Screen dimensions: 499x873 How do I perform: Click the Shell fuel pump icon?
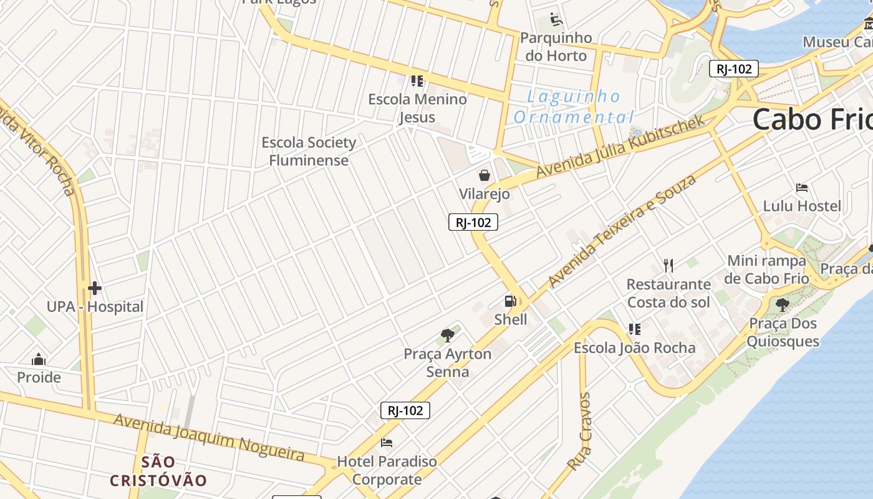(510, 301)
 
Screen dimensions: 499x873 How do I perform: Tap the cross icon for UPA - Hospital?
(95, 288)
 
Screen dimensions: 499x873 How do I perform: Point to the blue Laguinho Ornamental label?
(574, 107)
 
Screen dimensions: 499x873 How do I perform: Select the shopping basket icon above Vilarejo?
(485, 175)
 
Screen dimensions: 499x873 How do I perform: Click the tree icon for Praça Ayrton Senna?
(447, 336)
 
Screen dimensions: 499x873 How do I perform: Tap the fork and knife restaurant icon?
(668, 266)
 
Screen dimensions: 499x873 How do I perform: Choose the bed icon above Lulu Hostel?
(802, 188)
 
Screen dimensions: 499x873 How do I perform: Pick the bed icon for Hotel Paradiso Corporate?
(387, 443)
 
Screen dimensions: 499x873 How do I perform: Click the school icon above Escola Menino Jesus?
(417, 80)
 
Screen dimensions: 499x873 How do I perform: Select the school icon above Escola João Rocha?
(634, 329)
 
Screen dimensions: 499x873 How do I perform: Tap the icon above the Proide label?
(39, 359)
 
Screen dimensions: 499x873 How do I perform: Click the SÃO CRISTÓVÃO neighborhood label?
(158, 471)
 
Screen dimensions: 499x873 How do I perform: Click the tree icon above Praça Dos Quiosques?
(782, 305)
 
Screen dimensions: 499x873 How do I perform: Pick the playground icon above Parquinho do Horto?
(556, 20)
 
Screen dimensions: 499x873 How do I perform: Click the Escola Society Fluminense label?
(309, 151)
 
